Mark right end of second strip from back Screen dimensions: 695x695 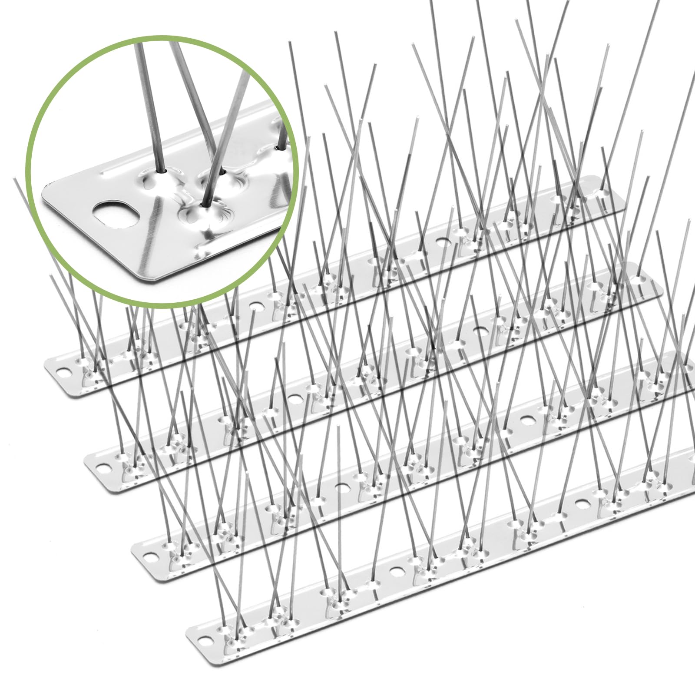pos(658,287)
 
